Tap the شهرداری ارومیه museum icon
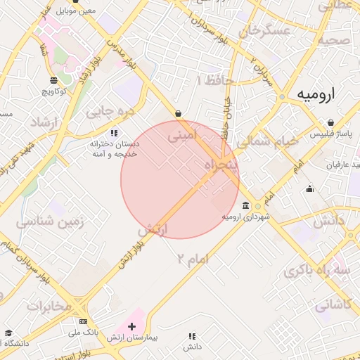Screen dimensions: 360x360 [245, 206]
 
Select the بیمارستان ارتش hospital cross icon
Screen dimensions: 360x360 [131, 326]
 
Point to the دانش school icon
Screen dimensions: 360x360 [193, 336]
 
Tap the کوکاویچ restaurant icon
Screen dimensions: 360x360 [54, 80]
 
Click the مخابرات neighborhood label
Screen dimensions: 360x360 [50, 307]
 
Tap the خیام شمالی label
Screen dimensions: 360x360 [268, 141]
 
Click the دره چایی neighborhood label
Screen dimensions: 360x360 [108, 110]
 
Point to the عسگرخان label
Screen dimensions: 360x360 [265, 31]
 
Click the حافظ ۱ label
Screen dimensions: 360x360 [218, 81]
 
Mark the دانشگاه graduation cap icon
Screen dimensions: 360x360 [8, 333]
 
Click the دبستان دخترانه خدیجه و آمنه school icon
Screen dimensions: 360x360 [114, 132]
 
